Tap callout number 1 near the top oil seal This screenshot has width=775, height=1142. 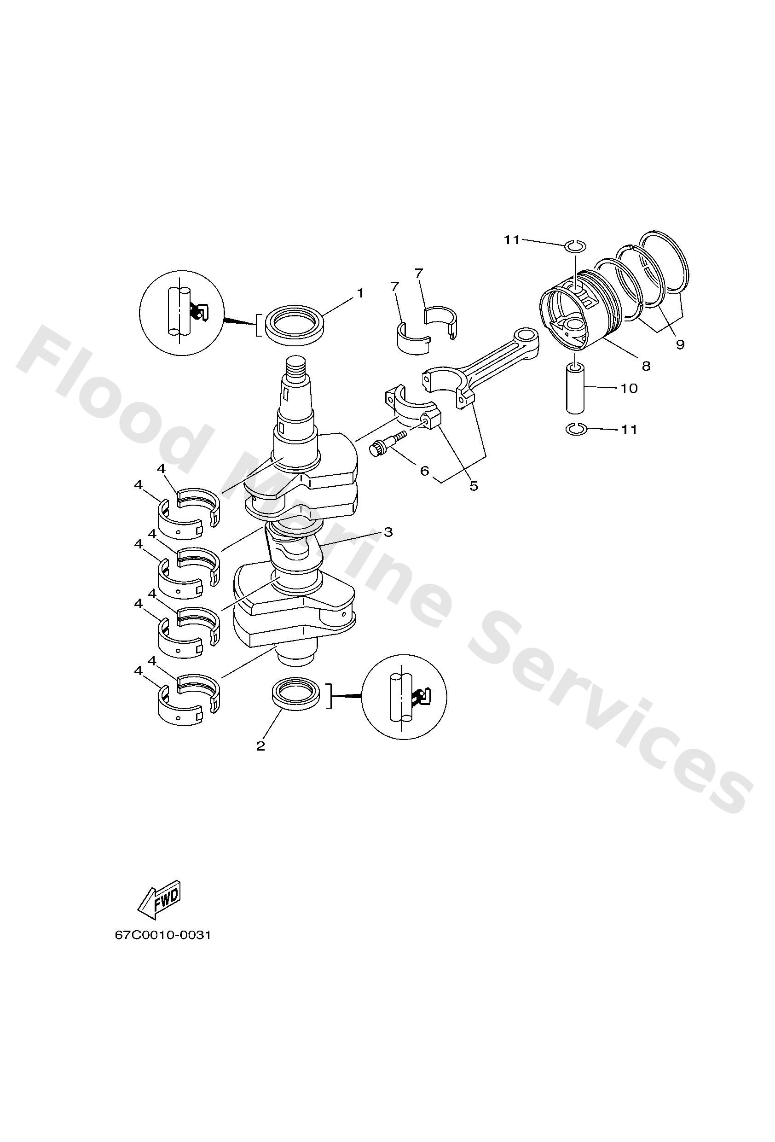tap(360, 293)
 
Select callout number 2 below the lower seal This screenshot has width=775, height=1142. tap(261, 746)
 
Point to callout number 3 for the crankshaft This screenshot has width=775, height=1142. tap(388, 532)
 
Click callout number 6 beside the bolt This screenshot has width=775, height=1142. tap(424, 471)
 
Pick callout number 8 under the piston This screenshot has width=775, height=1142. tap(645, 366)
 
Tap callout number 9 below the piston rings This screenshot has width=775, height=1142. tap(680, 344)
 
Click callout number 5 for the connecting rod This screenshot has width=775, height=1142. tap(474, 485)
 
